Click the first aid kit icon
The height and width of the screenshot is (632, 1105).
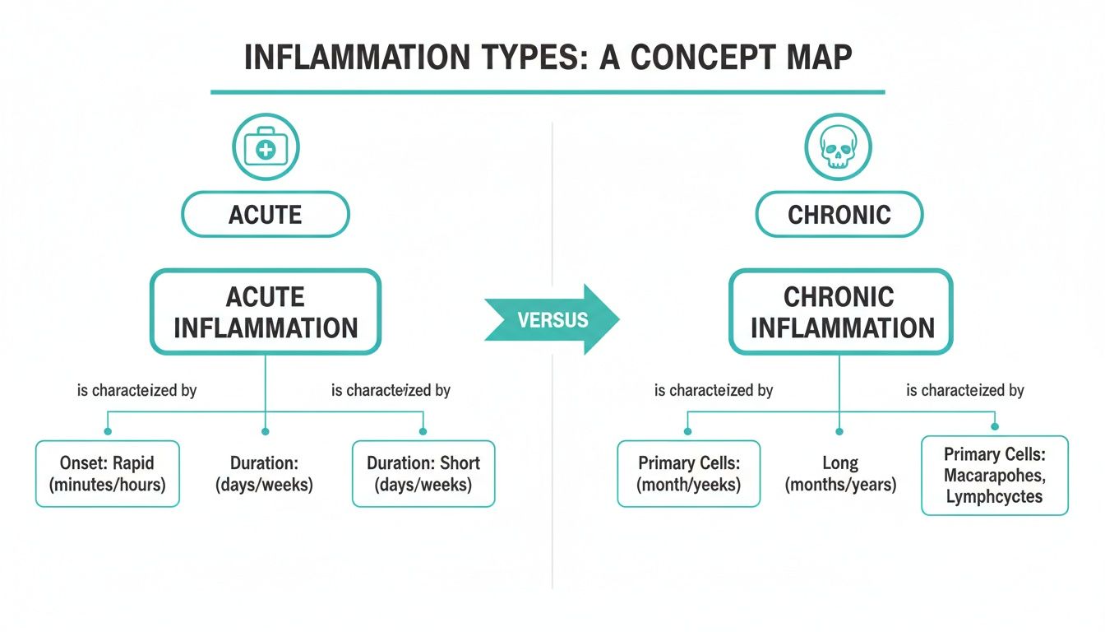[266, 149]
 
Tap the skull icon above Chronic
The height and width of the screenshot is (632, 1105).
[839, 147]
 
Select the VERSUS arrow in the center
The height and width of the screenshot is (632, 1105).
[552, 319]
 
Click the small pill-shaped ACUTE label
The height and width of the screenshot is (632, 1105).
[265, 215]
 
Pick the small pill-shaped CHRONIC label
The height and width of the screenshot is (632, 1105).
[839, 215]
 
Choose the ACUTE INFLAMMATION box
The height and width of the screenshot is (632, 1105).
[265, 312]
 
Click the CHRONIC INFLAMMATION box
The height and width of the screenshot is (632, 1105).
[841, 312]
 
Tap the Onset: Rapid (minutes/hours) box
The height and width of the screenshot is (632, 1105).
[108, 474]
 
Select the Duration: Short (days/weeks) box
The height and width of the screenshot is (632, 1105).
[423, 474]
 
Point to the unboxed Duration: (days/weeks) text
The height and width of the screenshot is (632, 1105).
[264, 475]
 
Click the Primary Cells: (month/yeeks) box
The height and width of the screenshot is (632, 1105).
[689, 474]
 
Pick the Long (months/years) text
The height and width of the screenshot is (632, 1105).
[840, 475]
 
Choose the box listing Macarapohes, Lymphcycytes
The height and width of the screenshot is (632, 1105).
[995, 476]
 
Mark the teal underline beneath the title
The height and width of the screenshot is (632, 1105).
[548, 92]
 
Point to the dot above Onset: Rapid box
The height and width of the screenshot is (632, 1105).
[108, 430]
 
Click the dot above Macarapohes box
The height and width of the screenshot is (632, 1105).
[995, 426]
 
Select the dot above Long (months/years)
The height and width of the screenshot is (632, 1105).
[839, 430]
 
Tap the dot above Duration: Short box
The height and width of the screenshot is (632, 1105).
[423, 430]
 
